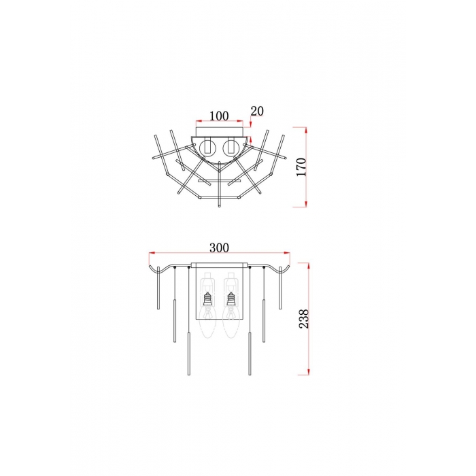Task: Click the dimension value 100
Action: click(x=219, y=116)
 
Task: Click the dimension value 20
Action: click(x=257, y=111)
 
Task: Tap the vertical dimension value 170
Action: click(x=301, y=167)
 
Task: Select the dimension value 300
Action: click(x=219, y=248)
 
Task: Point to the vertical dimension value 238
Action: click(x=304, y=319)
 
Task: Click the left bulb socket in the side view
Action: click(x=207, y=300)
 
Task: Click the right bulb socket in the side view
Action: click(x=231, y=300)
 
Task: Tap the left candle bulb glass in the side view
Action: click(x=207, y=322)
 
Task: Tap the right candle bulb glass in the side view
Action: click(x=231, y=322)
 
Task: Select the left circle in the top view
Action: click(x=207, y=148)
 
